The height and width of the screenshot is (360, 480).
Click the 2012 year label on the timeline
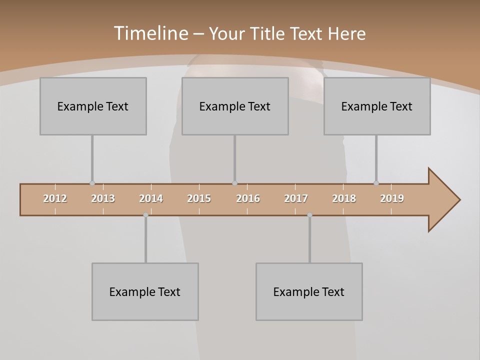[55, 198]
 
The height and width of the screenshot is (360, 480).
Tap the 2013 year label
[103, 198]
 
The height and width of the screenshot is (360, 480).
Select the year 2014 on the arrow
[151, 198]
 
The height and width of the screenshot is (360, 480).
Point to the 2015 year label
[199, 198]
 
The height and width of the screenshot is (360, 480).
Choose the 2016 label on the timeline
[248, 198]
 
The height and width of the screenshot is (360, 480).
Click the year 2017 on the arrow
[296, 198]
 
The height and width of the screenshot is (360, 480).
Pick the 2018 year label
[344, 198]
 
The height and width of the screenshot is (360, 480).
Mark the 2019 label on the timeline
[392, 198]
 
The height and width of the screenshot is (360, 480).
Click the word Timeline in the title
[150, 33]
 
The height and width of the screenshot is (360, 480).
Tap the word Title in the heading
[268, 34]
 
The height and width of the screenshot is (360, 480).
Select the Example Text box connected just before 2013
[93, 106]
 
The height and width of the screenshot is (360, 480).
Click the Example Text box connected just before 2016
[235, 106]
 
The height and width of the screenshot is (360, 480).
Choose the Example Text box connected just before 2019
[377, 106]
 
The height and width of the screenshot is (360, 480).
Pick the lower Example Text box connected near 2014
[145, 291]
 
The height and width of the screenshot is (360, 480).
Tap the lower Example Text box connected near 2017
[309, 291]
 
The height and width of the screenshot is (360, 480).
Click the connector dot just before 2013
[92, 183]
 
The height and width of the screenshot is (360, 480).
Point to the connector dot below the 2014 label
[145, 215]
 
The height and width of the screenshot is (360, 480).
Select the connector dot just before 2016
[234, 183]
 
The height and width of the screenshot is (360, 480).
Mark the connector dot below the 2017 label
[309, 215]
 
